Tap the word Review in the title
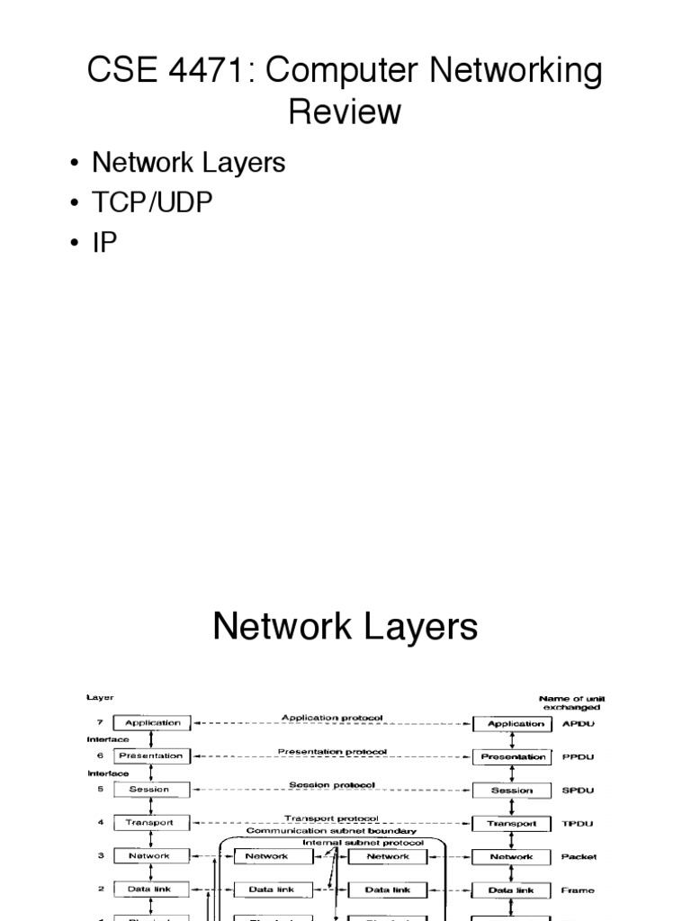point(345,112)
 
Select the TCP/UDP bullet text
point(153,202)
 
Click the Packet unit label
point(579,857)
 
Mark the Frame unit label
point(579,890)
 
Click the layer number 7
point(102,722)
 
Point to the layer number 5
point(102,790)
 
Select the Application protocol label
point(332,718)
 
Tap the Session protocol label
point(332,785)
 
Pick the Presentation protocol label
point(332,751)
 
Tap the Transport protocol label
point(332,818)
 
